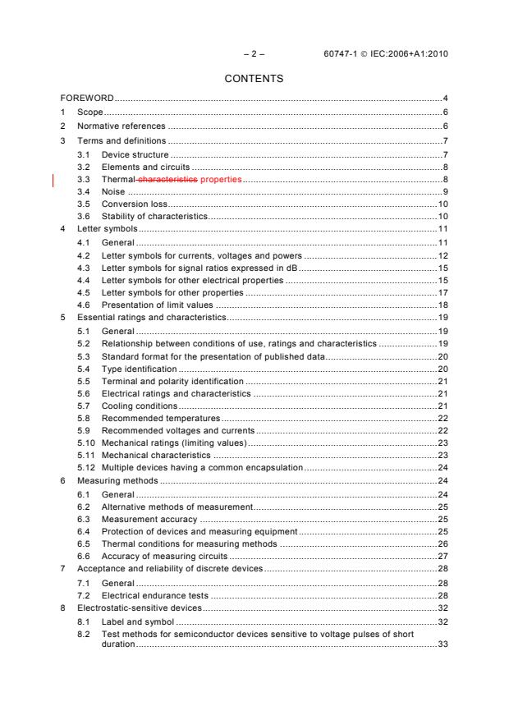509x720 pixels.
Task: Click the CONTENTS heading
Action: [x=254, y=79]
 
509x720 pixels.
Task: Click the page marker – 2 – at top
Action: [x=254, y=54]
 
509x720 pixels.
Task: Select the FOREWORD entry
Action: [x=86, y=98]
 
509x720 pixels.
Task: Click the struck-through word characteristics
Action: [x=167, y=179]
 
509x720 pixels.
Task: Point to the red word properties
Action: [x=221, y=179]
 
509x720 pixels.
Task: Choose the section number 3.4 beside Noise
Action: [x=83, y=191]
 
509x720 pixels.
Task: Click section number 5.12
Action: [x=85, y=467]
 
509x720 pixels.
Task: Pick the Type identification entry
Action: [x=138, y=369]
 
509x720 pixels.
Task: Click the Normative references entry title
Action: [x=122, y=126]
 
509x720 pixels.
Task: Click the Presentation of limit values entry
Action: [x=157, y=305]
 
